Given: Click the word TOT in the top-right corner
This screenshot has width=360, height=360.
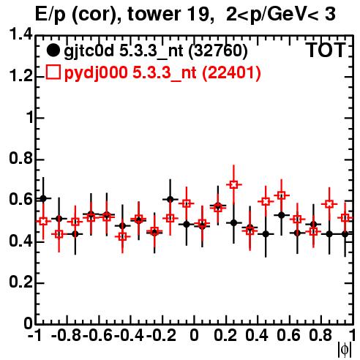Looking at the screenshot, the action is coord(326,50).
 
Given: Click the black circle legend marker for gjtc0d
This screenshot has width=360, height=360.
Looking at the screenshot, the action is coord(53,50).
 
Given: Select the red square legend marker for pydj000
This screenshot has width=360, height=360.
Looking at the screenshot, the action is coord(53,72).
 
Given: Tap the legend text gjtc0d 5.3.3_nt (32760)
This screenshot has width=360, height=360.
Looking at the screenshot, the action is coord(156,51).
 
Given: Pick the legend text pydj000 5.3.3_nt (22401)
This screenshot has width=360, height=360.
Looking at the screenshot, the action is coord(162,72).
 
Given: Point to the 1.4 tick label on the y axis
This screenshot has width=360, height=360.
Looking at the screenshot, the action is coord(20,34).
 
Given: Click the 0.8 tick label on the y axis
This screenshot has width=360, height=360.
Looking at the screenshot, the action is coord(20,158).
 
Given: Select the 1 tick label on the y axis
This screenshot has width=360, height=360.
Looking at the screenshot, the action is coord(30,117).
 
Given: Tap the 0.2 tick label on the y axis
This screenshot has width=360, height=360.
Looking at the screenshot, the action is coord(20,282).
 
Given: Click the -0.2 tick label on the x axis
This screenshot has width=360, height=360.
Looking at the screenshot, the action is coord(161,335).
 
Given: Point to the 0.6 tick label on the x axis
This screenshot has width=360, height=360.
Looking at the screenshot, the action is coord(288,335).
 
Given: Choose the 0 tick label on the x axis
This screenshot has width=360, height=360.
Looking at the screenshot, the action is coord(194,335).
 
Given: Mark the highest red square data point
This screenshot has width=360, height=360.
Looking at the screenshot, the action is coord(233,184).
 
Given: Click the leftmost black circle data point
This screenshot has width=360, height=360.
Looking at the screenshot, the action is coord(43,198).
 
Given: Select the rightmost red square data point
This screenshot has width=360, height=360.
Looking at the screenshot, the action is coord(345,217).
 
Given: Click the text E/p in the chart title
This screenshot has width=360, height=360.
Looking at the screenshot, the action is coord(50,15).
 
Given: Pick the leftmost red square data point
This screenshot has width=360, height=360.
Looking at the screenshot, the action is coord(43,221).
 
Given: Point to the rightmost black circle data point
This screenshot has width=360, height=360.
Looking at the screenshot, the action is coord(345,234).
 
